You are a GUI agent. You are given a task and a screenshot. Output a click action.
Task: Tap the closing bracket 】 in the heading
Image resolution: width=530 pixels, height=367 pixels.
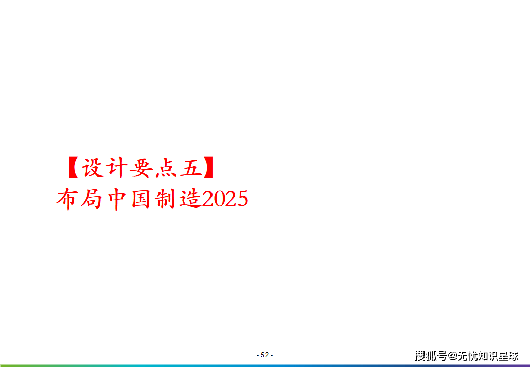[x=208, y=168]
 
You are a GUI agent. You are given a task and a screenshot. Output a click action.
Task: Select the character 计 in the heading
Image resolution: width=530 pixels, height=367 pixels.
[x=117, y=168]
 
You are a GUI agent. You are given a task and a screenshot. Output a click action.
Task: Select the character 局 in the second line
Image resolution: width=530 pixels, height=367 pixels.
[x=92, y=199]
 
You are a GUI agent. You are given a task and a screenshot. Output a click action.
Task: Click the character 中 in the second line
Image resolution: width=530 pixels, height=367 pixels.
[x=117, y=199]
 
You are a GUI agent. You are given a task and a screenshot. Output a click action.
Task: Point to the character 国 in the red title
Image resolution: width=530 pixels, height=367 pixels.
[x=141, y=199]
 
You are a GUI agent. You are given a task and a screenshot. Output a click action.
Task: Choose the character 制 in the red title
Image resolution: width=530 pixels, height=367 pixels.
[x=165, y=199]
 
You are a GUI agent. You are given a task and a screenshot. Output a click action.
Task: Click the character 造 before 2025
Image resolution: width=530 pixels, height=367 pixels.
[x=190, y=199]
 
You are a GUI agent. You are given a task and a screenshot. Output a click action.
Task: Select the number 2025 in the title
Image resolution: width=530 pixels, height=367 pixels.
[x=225, y=199]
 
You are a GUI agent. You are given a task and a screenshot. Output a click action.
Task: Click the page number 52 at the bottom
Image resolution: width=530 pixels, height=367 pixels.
[x=264, y=355]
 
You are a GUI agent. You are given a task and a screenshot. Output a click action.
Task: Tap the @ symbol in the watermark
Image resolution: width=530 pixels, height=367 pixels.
[x=453, y=356]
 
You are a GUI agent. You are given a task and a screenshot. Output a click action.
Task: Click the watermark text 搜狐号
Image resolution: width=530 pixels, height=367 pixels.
[x=431, y=356]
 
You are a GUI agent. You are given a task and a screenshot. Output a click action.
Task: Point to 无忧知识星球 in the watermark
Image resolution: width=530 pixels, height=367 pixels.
[x=488, y=356]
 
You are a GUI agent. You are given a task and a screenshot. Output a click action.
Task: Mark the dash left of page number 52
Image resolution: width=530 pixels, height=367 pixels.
[x=258, y=355]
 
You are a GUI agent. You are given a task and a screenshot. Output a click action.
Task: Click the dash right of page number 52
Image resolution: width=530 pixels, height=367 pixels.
[x=272, y=355]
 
